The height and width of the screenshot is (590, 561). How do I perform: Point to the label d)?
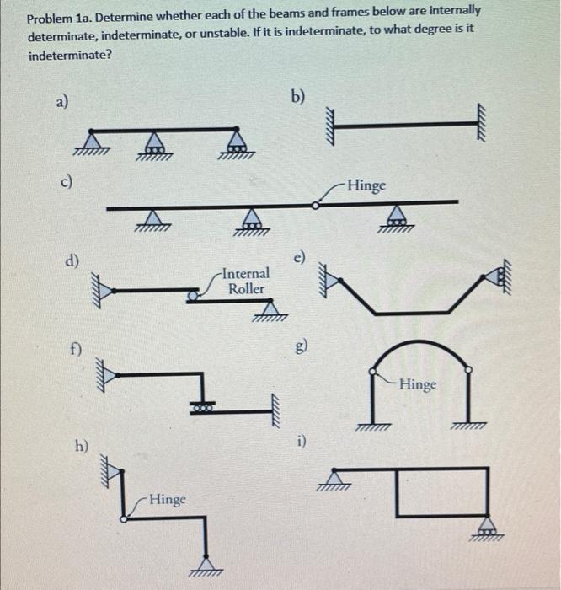click(x=73, y=262)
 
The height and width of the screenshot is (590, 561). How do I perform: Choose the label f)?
click(x=77, y=346)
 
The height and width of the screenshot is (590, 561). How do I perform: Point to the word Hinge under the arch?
click(x=418, y=384)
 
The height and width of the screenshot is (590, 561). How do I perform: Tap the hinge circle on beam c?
click(x=315, y=203)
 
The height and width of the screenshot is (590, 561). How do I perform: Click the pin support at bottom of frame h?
click(x=206, y=563)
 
